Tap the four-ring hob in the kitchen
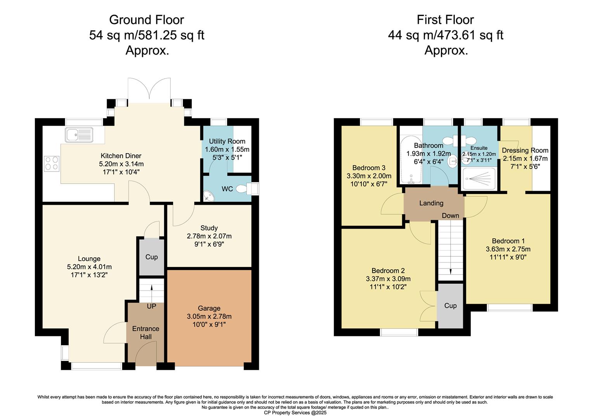[x=52, y=163]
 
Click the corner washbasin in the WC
[x=209, y=196]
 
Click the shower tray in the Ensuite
[x=479, y=178]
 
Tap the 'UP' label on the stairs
[x=151, y=306]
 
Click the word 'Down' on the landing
[x=450, y=216]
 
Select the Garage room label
[x=209, y=308]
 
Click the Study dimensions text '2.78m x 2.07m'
[x=209, y=236]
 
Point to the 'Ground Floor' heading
[x=146, y=20]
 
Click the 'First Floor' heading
[x=445, y=20]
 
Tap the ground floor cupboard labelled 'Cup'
[x=151, y=257]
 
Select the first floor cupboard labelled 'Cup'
[x=450, y=306]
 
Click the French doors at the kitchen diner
[x=149, y=91]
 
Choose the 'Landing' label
[x=431, y=203]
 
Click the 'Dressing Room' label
[x=525, y=151]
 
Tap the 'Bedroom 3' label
[x=369, y=168]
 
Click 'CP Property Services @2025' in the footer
[x=295, y=413]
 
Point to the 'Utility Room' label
[x=227, y=141]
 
